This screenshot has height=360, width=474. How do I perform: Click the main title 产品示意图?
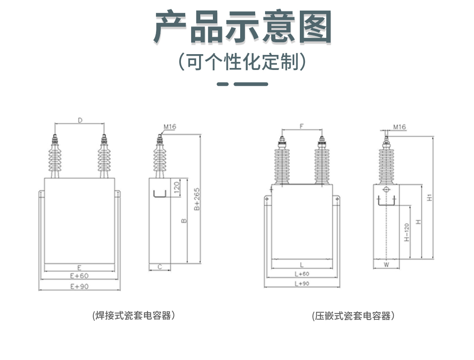tap(242, 27)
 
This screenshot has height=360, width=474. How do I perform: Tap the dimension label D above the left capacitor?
tap(80, 121)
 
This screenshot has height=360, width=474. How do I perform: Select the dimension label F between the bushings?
tap(302, 126)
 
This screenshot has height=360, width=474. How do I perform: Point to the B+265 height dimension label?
tap(197, 199)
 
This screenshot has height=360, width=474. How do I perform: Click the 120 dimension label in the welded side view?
tap(177, 186)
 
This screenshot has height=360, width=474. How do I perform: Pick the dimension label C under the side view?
tap(160, 267)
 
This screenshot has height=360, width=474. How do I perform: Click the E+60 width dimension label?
tap(79, 276)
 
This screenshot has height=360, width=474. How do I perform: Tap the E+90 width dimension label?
tap(79, 286)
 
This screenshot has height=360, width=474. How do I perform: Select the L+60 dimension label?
tap(302, 274)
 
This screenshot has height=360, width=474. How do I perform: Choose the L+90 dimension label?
tap(302, 284)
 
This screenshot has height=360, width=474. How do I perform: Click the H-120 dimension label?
tap(406, 232)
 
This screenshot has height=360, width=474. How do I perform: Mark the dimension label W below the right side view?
tap(386, 265)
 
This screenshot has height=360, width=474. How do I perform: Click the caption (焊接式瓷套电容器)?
tap(134, 315)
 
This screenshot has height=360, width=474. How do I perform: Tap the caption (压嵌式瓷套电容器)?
tap(353, 316)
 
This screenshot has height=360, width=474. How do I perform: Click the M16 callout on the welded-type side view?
tap(170, 127)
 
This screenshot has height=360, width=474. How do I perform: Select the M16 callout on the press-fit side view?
tap(399, 127)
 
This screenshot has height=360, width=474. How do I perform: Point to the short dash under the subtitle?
tap(223, 84)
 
